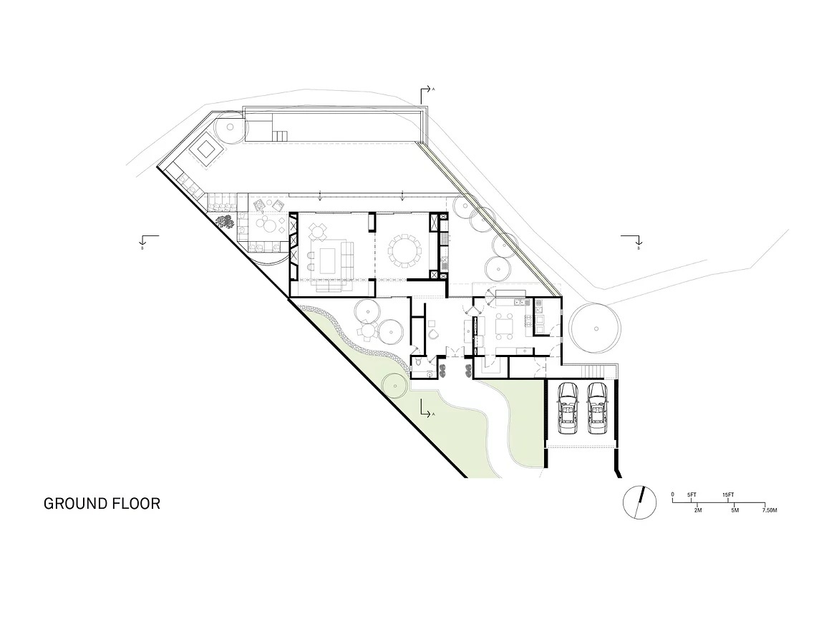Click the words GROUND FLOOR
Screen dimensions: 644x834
tap(102, 503)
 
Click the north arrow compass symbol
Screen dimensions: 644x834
tap(639, 502)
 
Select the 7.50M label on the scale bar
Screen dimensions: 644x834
tap(769, 511)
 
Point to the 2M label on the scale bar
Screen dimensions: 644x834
tap(698, 511)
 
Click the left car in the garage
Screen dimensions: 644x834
tap(568, 409)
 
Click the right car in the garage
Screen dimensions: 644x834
tap(597, 409)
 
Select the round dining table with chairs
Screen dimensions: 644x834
tap(404, 251)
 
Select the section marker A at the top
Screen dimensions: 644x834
tap(426, 92)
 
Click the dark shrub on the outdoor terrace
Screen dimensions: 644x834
tap(225, 222)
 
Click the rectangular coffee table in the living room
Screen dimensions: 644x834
tap(329, 258)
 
